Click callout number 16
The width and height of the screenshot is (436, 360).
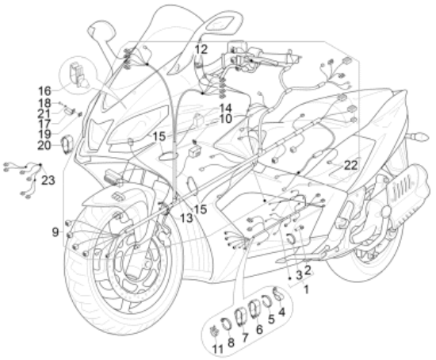pyautogui.click(x=44, y=90)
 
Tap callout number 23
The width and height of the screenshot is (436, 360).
pyautogui.click(x=48, y=181)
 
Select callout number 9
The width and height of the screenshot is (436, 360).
pyautogui.click(x=55, y=232)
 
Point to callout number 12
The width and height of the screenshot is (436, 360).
pyautogui.click(x=201, y=50)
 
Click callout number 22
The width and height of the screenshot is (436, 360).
pyautogui.click(x=350, y=166)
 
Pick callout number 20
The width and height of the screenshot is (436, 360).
pyautogui.click(x=44, y=145)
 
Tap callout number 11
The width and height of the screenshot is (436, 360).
pyautogui.click(x=217, y=349)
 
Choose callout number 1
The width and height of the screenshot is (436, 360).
pyautogui.click(x=306, y=289)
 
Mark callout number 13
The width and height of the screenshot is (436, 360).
pyautogui.click(x=186, y=218)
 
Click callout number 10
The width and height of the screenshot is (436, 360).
pyautogui.click(x=225, y=119)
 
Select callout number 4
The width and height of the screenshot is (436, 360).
pyautogui.click(x=281, y=312)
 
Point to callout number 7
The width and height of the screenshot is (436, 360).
pyautogui.click(x=245, y=337)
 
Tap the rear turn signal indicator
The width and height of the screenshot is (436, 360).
pyautogui.click(x=416, y=137)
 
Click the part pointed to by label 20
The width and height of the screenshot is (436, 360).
pyautogui.click(x=67, y=144)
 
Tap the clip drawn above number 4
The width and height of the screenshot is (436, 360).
pyautogui.click(x=277, y=294)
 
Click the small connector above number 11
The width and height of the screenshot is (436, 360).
pyautogui.click(x=214, y=331)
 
